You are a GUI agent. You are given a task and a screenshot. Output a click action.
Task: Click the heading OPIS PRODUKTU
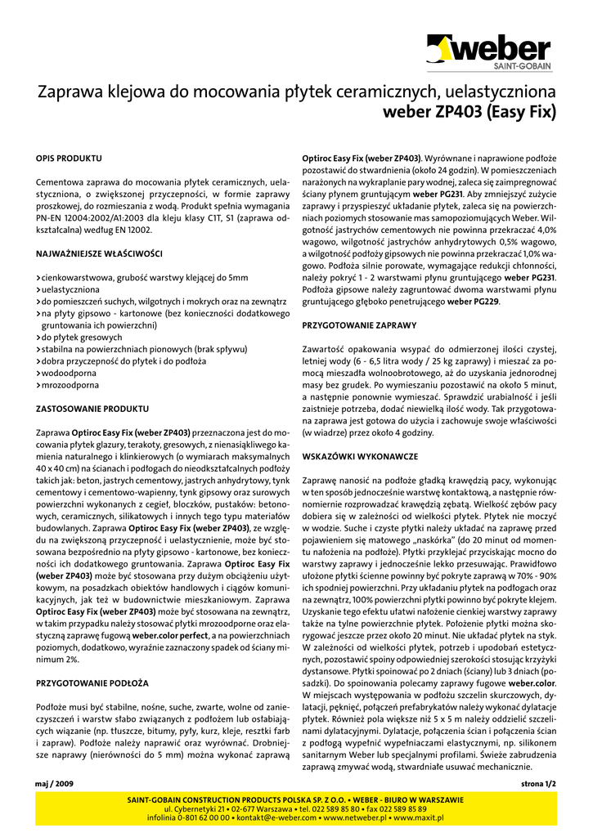click(70, 157)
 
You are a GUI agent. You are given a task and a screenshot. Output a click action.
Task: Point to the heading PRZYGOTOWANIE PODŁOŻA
click(92, 682)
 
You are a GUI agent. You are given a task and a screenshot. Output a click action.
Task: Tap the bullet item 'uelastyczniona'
click(70, 289)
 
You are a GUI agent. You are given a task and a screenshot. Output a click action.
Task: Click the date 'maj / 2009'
click(55, 783)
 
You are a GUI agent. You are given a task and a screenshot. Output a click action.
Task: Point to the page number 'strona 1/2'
click(537, 783)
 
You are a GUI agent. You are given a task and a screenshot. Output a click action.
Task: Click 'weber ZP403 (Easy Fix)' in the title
click(469, 111)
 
